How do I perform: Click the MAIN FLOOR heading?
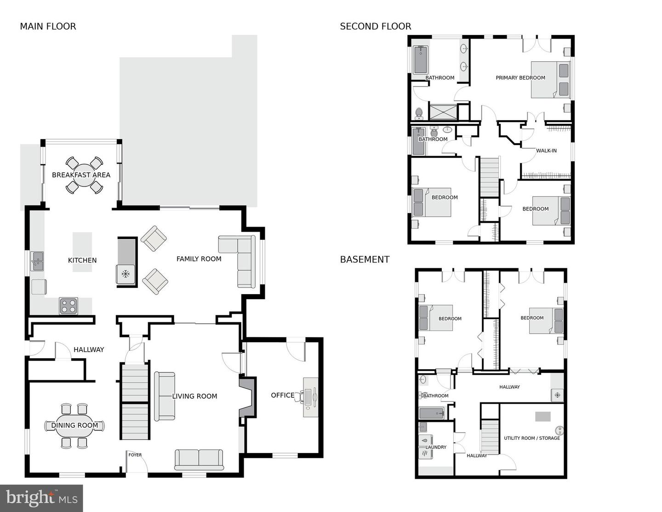point(48,27)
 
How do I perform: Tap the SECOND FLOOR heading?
point(375,27)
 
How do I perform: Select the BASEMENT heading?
point(365,260)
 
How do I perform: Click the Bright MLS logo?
point(41,498)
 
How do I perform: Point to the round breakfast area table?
point(85,175)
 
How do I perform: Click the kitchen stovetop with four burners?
point(68,306)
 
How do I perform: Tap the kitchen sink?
point(37,261)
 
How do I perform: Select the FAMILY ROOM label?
point(199,259)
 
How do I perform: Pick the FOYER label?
point(135,455)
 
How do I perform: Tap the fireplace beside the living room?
point(247,397)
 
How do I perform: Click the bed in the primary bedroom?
point(550,80)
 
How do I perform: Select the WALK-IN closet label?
point(546,151)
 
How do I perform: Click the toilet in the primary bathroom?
point(419,114)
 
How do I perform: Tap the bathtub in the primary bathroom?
point(420,60)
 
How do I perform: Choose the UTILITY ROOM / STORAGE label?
point(532,438)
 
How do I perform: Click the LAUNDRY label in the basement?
point(436,448)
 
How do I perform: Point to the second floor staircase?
point(490,177)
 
